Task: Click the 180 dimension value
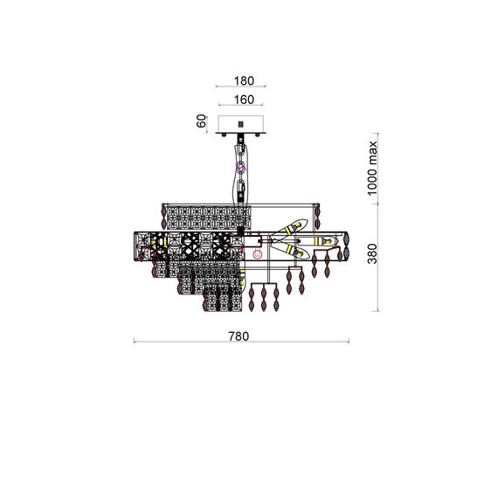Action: pyautogui.click(x=244, y=81)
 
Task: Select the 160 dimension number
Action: pyautogui.click(x=244, y=100)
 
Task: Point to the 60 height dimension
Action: pyautogui.click(x=201, y=121)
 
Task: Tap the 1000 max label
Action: pyautogui.click(x=371, y=168)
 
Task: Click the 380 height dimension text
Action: pyautogui.click(x=372, y=253)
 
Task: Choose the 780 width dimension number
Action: pyautogui.click(x=239, y=336)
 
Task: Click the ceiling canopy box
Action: pyautogui.click(x=241, y=124)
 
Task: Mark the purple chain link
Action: pyautogui.click(x=242, y=168)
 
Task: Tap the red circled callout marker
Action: pyautogui.click(x=257, y=254)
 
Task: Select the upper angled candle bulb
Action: pyautogui.click(x=290, y=228)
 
